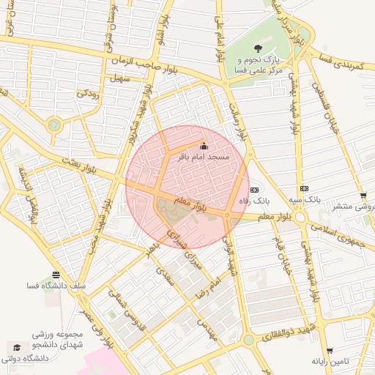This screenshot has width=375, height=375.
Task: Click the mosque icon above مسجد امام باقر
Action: pos(203,145)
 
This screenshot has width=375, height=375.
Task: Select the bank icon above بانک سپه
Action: pos(304,188)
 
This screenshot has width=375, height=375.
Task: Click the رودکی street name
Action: pos(88,93)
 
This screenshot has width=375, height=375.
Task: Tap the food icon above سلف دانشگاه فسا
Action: pos(56,274)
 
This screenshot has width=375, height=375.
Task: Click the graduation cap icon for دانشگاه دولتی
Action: pos(15,346)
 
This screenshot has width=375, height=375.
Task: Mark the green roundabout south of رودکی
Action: pos(54,125)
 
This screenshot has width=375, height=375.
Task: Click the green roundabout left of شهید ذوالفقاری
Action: pos(248,339)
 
